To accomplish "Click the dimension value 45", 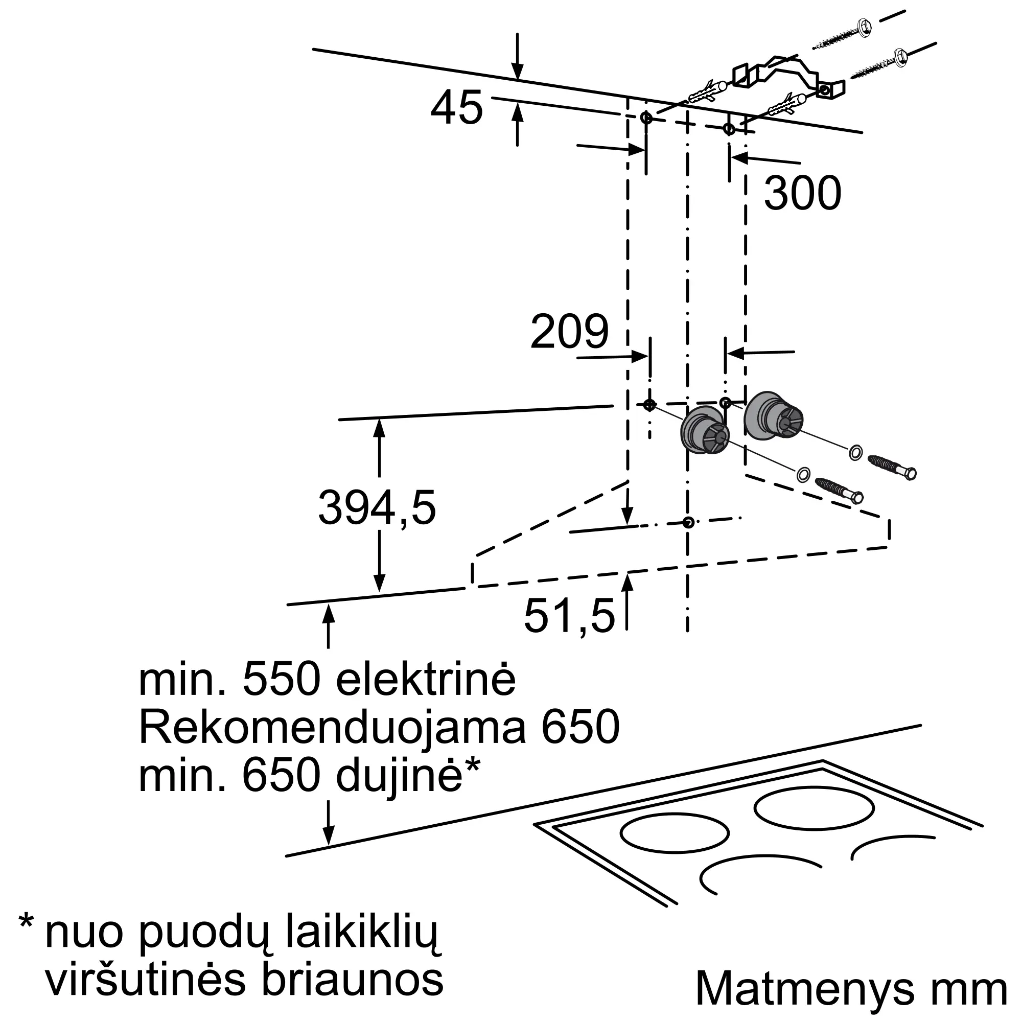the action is (x=457, y=108).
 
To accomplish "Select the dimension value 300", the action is (x=802, y=193).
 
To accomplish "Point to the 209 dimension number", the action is (x=569, y=332).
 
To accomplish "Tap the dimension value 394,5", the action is (x=377, y=508).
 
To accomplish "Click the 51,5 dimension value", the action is (x=570, y=616).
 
